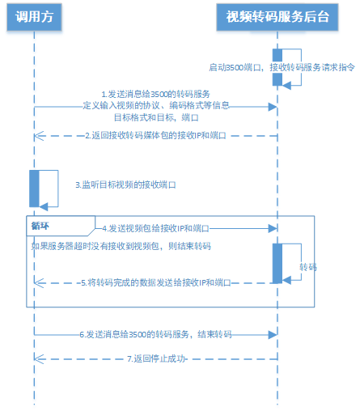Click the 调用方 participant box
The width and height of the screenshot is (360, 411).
coord(35,19)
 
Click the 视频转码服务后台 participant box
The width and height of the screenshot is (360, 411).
coord(277,19)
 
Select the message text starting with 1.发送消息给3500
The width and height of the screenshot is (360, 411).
coord(155,94)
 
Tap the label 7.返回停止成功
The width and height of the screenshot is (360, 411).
coord(156,358)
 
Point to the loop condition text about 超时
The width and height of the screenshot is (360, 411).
coord(121,244)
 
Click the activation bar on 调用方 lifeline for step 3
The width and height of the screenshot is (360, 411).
coord(35,189)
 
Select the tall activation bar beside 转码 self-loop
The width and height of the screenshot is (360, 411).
coord(276,263)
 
